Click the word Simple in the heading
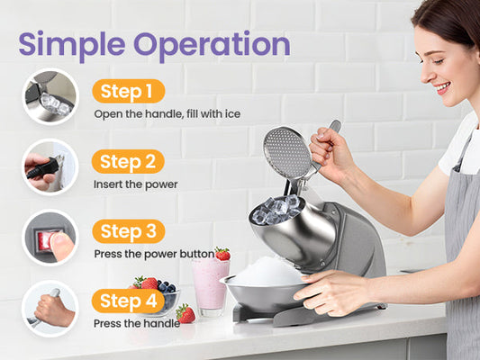coord(72,45)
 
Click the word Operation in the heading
coord(212,45)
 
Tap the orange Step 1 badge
coord(129,91)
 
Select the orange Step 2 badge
coord(128,161)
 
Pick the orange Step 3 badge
coord(129,231)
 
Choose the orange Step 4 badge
coord(129,301)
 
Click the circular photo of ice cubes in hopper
coord(50,96)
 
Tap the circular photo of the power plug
coord(50,167)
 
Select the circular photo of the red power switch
coord(50,238)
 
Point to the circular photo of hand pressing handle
coord(50,309)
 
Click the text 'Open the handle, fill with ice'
coord(168,114)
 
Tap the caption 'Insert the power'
coord(136,184)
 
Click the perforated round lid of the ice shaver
coord(287,153)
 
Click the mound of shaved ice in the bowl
coord(267,272)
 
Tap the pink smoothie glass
coord(211,286)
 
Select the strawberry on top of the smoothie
coord(222,254)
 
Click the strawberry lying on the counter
coord(186,313)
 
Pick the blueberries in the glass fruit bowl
coord(167,287)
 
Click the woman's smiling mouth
coord(443,88)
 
